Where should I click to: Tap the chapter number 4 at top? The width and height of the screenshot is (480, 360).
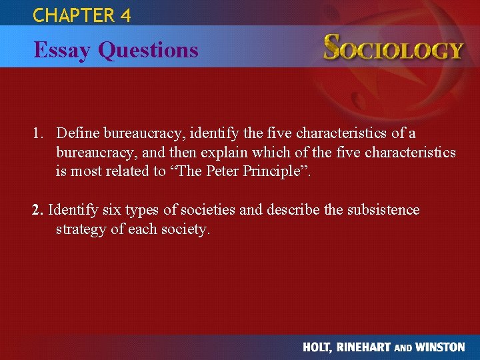click(126, 15)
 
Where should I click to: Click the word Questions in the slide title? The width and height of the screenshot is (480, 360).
click(148, 50)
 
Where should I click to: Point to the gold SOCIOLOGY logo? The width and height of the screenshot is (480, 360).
click(393, 49)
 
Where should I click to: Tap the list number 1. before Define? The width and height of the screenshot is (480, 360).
click(38, 134)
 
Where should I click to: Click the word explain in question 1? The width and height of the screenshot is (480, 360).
click(223, 153)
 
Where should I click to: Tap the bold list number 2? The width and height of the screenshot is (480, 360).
click(37, 210)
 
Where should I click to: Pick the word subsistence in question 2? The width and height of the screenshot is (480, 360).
click(379, 210)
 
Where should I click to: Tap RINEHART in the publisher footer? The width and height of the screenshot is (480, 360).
click(368, 347)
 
